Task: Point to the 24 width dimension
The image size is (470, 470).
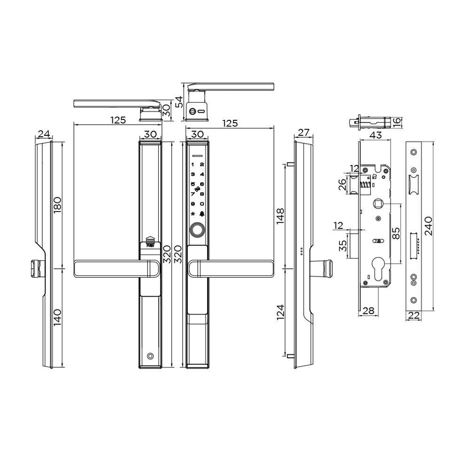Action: (44, 134)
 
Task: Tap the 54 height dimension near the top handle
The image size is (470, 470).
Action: (179, 101)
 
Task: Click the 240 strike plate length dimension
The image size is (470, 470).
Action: (428, 226)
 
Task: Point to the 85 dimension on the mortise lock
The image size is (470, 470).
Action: (396, 234)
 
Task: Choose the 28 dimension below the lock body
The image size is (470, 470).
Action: (368, 311)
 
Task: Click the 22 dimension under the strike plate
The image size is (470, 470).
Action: (414, 315)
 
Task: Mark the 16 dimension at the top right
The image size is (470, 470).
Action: (397, 122)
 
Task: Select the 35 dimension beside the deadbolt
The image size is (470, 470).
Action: (344, 245)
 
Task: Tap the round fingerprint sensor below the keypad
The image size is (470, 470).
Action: (197, 230)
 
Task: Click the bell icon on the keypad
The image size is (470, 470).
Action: (202, 214)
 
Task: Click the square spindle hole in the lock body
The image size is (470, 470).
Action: (377, 204)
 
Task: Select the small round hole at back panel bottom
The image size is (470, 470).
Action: (150, 356)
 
